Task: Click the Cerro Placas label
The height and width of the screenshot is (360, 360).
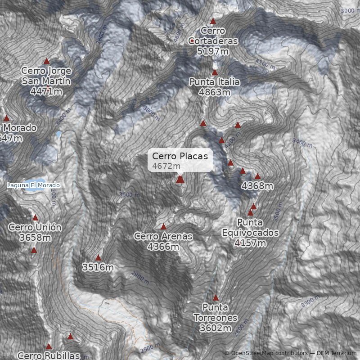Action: click(180, 156)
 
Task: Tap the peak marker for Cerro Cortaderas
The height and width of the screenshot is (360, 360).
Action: click(213, 21)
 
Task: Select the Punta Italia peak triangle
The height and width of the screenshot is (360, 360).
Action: click(215, 72)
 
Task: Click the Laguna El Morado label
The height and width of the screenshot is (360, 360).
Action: click(33, 185)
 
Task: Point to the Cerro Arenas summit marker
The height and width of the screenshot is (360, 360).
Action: click(163, 226)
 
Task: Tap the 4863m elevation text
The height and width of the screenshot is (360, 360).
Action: click(215, 92)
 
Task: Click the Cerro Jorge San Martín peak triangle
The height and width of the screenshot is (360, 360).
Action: click(46, 61)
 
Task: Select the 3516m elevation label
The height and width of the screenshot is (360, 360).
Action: click(98, 268)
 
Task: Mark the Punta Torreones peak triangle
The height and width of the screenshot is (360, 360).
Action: click(216, 297)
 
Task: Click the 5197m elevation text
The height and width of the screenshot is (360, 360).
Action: click(213, 51)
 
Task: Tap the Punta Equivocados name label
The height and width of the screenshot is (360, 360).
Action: click(250, 228)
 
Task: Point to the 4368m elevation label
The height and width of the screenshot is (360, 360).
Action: click(258, 185)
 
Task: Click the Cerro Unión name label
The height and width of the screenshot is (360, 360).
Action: click(35, 227)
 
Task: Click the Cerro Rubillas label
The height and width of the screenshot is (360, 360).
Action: click(49, 355)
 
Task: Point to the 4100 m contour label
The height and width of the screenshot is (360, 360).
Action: click(265, 64)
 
